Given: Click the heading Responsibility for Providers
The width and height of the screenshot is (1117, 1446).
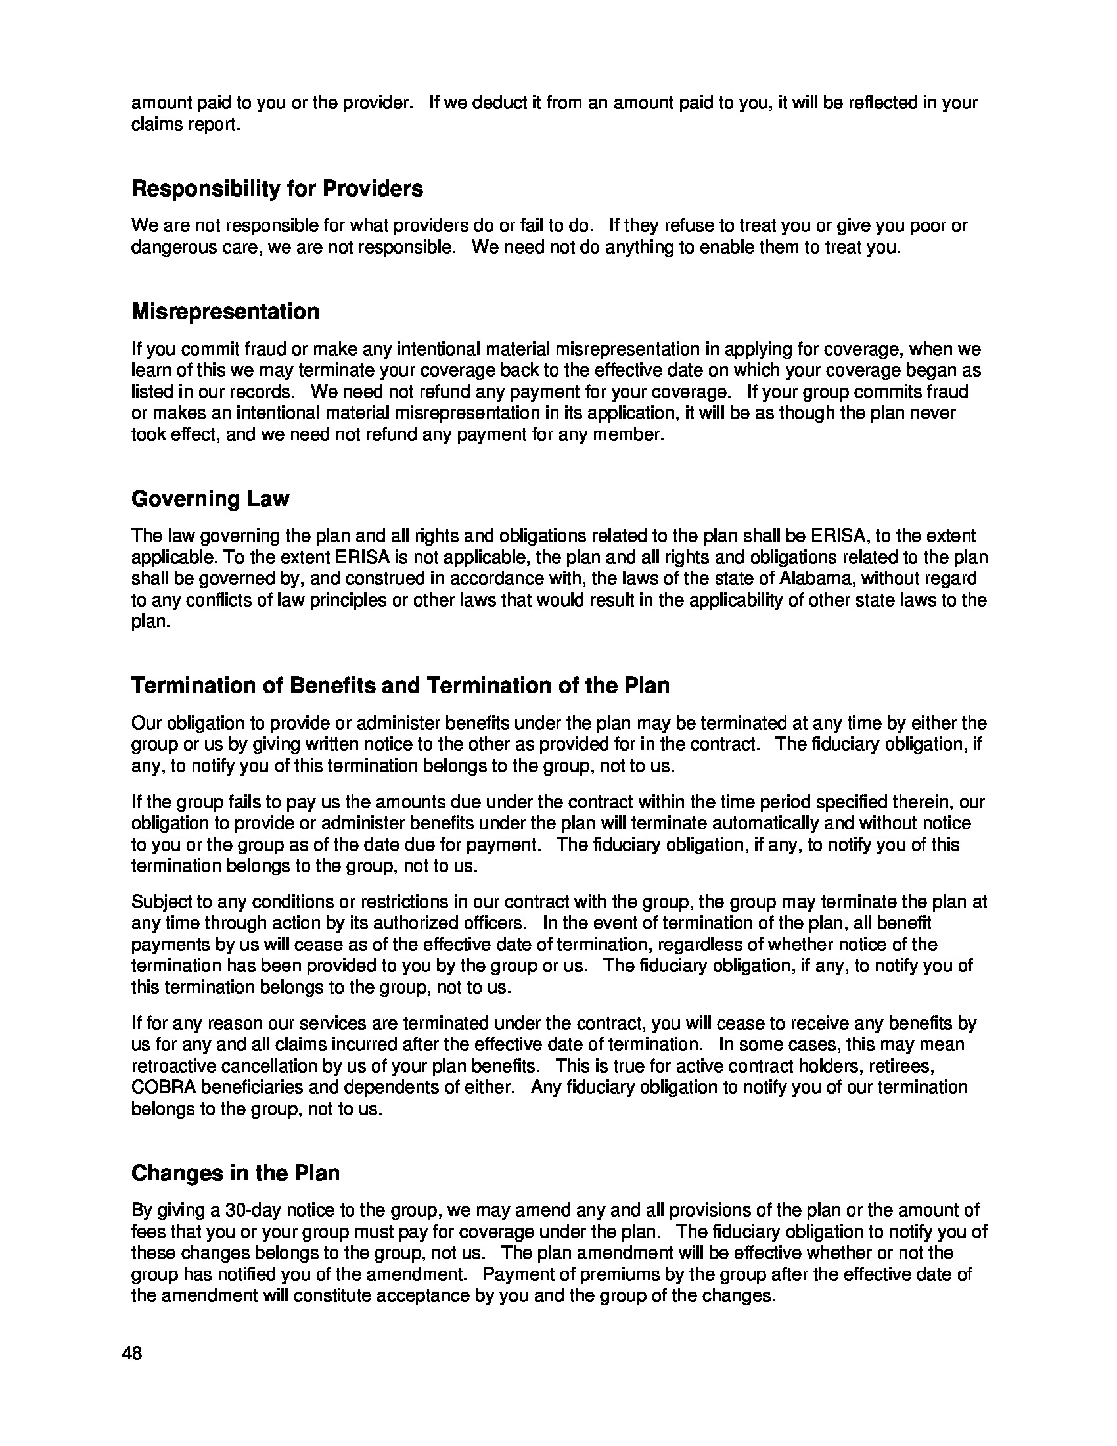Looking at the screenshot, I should (277, 189).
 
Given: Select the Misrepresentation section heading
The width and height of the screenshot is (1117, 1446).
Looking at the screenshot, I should (225, 311).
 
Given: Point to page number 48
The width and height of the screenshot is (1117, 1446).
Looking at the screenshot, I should (131, 1353).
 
